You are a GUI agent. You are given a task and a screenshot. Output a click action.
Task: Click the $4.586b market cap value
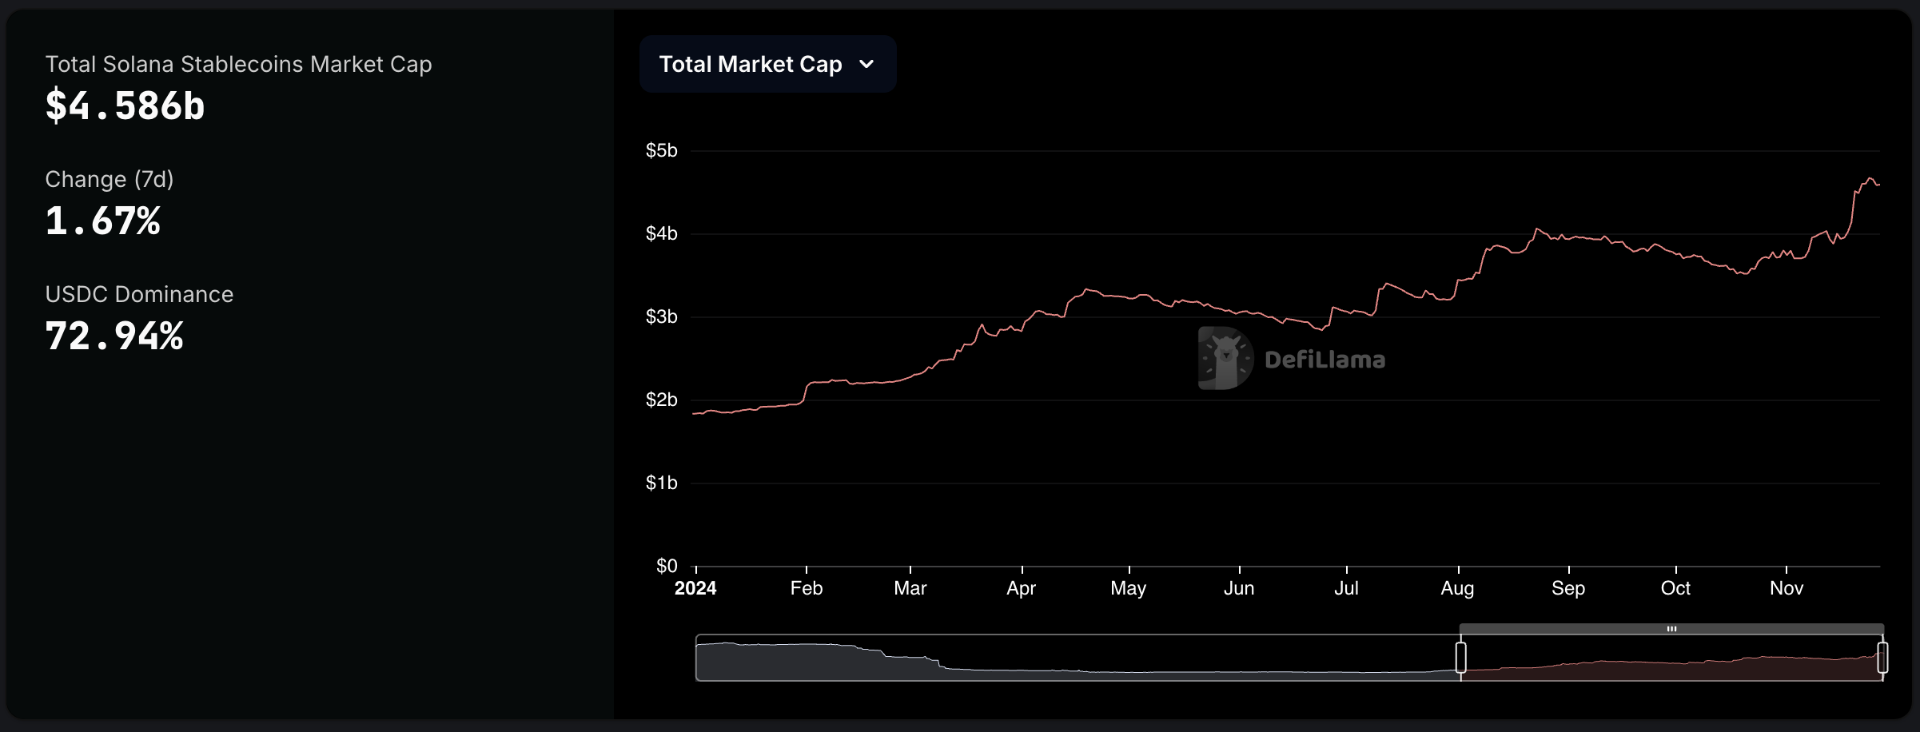click(x=125, y=105)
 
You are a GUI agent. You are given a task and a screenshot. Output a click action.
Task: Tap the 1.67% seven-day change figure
click(x=102, y=221)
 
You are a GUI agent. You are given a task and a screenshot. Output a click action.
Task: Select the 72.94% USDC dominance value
click(x=114, y=336)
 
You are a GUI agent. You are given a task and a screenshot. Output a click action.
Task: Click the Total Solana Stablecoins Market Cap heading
click(x=238, y=64)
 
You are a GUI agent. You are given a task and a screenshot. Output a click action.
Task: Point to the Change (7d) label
click(x=109, y=179)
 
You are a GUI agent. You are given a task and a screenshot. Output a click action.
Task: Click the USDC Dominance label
click(x=139, y=294)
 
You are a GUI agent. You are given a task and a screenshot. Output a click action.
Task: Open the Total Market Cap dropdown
click(x=767, y=64)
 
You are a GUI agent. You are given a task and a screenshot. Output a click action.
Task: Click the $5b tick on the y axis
click(x=661, y=150)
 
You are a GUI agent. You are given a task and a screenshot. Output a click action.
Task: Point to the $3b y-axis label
click(x=661, y=316)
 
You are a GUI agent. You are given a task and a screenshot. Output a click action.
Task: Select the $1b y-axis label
click(x=661, y=483)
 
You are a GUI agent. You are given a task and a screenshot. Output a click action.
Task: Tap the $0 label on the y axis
click(x=666, y=566)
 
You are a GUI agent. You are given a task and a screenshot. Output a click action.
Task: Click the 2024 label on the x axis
click(x=695, y=588)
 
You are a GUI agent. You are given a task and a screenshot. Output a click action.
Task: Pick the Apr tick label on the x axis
click(x=1021, y=588)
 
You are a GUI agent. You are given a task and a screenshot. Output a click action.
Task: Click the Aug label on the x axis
click(x=1457, y=588)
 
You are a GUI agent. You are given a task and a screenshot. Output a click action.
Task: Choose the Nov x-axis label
click(x=1786, y=588)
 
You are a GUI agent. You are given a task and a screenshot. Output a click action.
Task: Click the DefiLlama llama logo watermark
click(x=1225, y=358)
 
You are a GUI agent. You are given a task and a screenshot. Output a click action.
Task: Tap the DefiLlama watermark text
click(x=1324, y=360)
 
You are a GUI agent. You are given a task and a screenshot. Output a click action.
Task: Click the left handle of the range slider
click(x=1460, y=657)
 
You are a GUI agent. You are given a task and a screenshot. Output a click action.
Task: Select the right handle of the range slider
click(x=1882, y=657)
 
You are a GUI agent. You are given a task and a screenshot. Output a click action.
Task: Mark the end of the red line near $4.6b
click(x=1878, y=185)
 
